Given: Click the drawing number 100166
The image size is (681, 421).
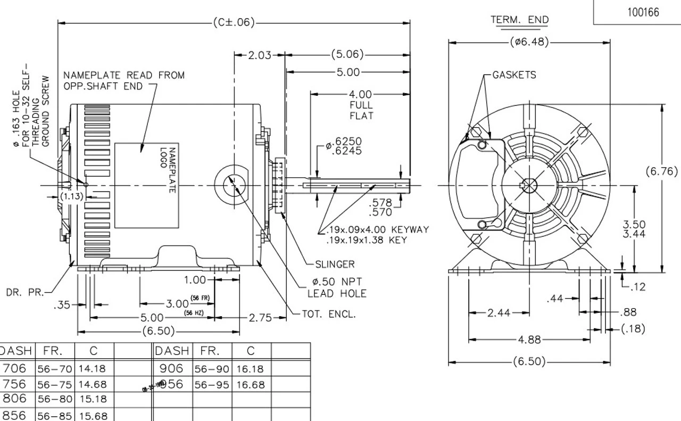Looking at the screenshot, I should coord(642,12).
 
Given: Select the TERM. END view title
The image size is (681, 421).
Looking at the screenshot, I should coord(519,20).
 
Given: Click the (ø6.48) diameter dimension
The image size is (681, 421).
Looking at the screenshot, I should coord(529,42).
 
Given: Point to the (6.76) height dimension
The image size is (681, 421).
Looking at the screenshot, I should coord(662,171).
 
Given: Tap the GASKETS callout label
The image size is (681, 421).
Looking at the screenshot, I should coord(514,75).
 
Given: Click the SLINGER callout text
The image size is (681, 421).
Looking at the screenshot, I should coord(335,264).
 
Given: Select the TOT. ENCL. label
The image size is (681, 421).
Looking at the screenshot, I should coord(328,314).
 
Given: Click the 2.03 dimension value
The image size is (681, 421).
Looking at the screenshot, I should coord(260,55).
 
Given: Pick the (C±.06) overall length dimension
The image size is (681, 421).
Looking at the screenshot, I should coord(233,22).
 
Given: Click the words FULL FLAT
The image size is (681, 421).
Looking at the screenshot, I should coord(361,110).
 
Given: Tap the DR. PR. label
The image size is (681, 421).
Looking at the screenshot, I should coord(26,292).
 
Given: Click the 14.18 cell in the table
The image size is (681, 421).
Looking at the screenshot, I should coord(93,368).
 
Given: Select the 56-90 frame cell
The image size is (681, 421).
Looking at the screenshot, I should coord(211,368).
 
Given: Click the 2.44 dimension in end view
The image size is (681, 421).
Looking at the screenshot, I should coord(499,312).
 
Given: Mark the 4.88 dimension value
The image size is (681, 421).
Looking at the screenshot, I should coord(529,340).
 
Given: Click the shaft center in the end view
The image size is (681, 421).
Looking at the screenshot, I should coord(529,186).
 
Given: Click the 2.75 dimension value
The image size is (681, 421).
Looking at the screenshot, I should coord(260,318).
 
